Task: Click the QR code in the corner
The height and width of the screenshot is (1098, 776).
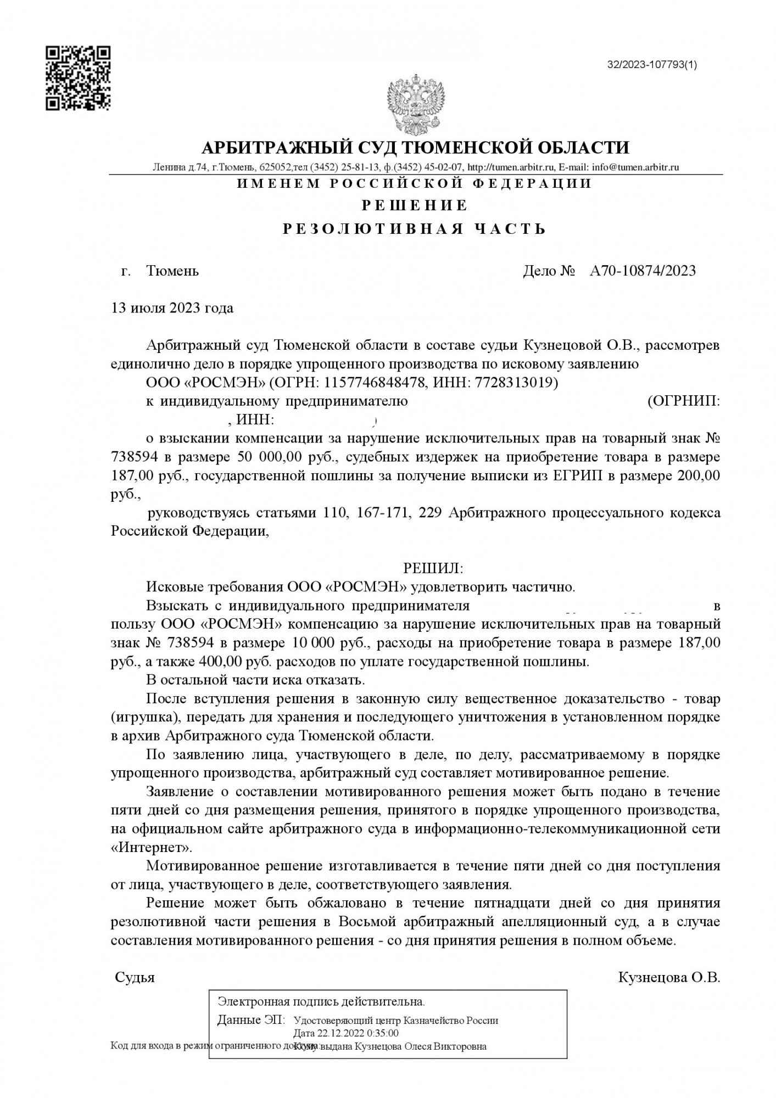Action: click(78, 78)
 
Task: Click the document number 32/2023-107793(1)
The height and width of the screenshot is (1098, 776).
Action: click(652, 65)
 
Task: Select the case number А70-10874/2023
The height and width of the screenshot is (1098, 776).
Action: click(643, 271)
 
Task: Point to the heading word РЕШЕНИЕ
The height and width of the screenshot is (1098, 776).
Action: click(415, 206)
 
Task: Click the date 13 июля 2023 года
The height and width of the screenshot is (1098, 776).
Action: click(172, 308)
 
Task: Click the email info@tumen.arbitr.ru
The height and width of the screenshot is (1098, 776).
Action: click(633, 167)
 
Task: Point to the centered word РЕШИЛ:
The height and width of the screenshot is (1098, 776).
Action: click(434, 567)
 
